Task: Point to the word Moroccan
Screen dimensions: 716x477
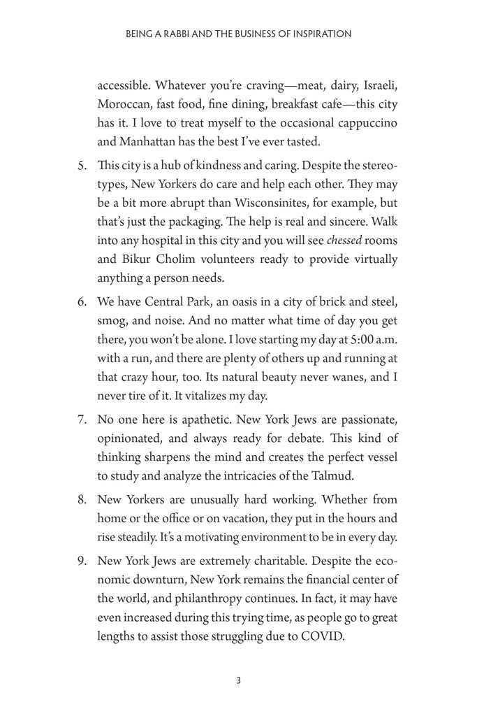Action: [x=122, y=104]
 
